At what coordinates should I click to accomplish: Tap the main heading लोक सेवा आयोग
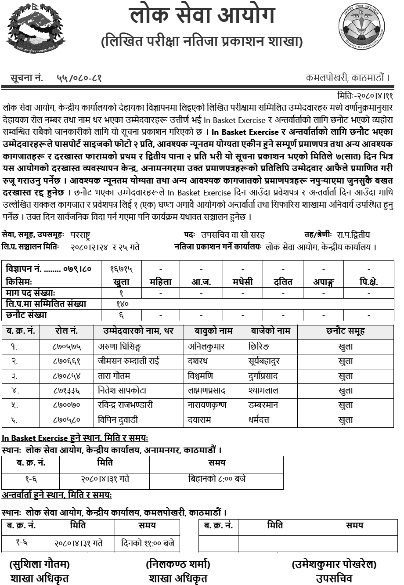point(202,16)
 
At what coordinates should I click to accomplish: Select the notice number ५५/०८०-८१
point(79,78)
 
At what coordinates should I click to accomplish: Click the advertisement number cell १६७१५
point(121,268)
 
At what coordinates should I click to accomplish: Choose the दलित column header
point(284,282)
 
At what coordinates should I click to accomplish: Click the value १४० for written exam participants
point(121,304)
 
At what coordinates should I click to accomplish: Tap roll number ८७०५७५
point(67,347)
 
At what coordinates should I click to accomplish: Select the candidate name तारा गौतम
point(114,376)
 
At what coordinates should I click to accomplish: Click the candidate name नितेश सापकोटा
point(122,390)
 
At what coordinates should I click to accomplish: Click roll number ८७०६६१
point(67,361)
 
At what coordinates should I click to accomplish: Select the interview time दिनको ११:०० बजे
point(147,543)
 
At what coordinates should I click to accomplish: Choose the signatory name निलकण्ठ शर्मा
point(178,564)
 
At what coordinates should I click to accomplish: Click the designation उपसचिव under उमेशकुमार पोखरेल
point(334,578)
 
